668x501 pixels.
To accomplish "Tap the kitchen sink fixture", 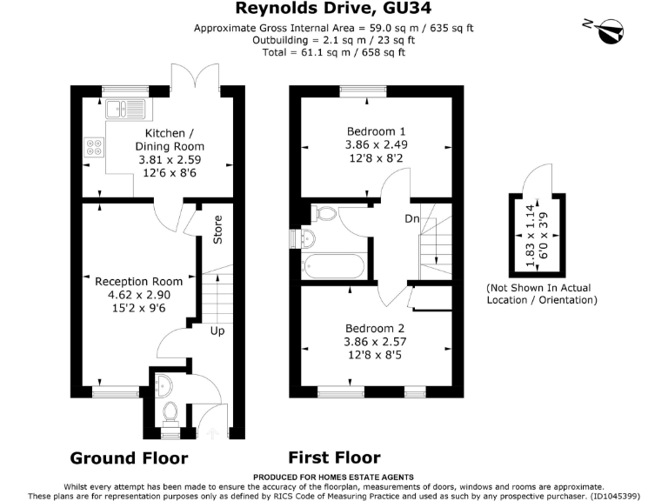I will point(125,110).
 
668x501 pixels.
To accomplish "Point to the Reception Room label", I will point(139,281).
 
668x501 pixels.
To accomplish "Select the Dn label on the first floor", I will point(412,219).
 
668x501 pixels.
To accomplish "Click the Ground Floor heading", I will point(128,458).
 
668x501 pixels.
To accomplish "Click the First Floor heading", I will point(334,458).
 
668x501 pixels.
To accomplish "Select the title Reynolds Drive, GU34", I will point(333,9).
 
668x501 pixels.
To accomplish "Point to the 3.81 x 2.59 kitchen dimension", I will point(164,161).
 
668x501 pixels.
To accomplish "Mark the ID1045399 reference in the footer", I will point(623,496).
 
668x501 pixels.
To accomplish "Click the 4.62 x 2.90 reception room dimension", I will point(139,296).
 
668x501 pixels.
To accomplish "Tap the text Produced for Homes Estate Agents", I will point(333,478).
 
